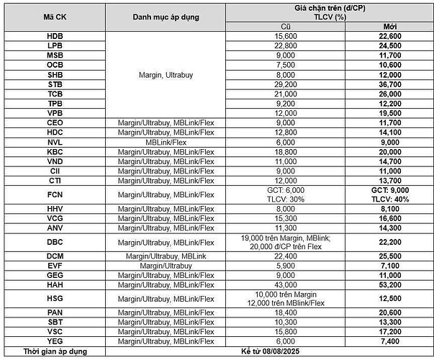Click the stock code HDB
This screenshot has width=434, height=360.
tap(55, 35)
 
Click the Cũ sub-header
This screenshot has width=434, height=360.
tap(286, 26)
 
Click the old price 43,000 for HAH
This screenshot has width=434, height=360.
tap(286, 284)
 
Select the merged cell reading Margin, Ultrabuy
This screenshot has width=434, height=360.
tap(165, 73)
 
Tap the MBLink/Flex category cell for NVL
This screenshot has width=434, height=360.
tap(165, 142)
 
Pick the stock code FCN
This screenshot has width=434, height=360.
tap(55, 194)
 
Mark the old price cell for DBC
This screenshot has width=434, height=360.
tap(286, 242)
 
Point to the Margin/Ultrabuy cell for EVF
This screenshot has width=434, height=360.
tap(165, 265)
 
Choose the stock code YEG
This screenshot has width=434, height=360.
tap(55, 341)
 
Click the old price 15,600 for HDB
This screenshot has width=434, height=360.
tap(286, 35)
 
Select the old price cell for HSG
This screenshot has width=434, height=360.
tap(286, 299)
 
